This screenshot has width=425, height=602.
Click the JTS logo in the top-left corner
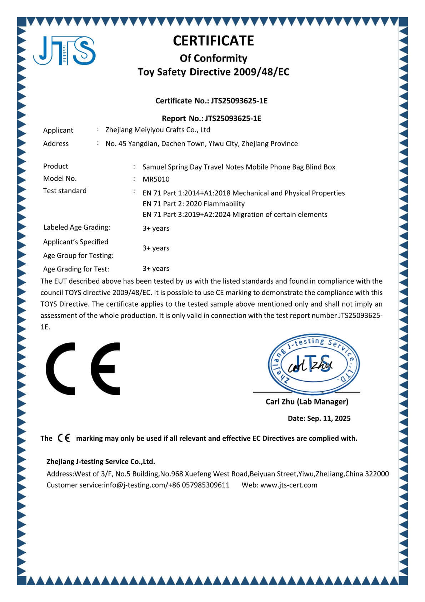click(64, 51)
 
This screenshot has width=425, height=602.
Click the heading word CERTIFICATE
click(213, 41)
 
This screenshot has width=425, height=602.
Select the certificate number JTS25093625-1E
click(239, 101)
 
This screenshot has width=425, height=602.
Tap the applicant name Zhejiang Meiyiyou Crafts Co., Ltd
click(157, 130)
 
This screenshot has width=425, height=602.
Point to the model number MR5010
click(156, 179)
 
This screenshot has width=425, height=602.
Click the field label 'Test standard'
click(65, 191)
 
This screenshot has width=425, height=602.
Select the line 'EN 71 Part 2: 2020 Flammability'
click(194, 204)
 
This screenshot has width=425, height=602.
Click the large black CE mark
click(83, 368)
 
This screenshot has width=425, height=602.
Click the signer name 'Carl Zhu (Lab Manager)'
click(307, 402)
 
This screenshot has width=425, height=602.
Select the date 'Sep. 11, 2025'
click(329, 419)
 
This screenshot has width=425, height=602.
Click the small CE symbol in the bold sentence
click(64, 438)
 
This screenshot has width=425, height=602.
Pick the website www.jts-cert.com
click(289, 485)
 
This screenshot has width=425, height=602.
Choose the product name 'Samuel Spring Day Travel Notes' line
click(239, 167)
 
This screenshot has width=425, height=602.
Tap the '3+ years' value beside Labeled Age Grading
click(156, 229)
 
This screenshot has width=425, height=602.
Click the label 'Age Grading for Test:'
click(76, 269)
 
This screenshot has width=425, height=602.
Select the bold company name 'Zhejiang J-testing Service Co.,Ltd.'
click(101, 461)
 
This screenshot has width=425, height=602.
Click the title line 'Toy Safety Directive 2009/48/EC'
click(213, 72)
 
